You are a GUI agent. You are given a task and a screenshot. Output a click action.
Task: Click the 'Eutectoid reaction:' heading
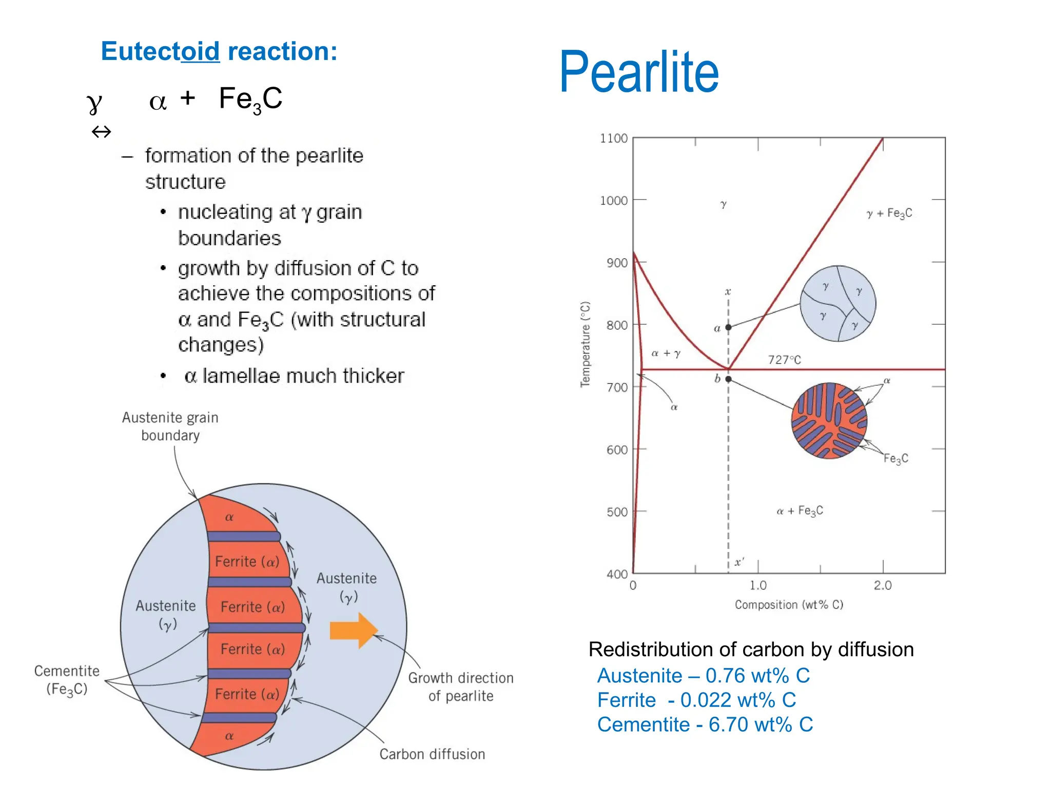(219, 51)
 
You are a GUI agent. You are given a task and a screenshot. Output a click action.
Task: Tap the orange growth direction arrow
(354, 630)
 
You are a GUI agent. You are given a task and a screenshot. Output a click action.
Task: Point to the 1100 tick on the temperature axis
(614, 139)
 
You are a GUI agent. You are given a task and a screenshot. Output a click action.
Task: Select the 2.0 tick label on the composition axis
(883, 585)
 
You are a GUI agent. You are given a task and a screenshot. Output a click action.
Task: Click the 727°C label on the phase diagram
(784, 360)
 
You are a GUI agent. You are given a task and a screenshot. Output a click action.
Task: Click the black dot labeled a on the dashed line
(728, 327)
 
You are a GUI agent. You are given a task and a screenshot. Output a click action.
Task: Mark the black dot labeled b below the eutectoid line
(728, 379)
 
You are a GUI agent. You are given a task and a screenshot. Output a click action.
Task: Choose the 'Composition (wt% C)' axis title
(789, 605)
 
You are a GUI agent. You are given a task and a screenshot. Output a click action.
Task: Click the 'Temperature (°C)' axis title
(585, 344)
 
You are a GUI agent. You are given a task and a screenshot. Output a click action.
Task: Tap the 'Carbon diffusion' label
(432, 754)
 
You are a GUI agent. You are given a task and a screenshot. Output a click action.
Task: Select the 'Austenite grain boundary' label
(170, 426)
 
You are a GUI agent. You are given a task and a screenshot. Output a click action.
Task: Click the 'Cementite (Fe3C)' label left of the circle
(67, 680)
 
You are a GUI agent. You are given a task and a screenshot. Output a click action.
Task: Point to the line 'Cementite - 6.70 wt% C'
(705, 724)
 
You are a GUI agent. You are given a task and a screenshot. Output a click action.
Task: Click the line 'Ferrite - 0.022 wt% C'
(696, 700)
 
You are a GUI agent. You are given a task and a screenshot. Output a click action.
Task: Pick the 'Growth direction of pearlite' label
(461, 687)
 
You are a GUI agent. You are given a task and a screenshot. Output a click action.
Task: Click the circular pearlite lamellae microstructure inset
(829, 421)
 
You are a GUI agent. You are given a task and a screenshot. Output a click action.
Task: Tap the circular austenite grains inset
(838, 304)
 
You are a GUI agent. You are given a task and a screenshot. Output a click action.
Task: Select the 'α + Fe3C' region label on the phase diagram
(800, 511)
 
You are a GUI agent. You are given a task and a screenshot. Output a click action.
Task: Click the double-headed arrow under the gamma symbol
(101, 132)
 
